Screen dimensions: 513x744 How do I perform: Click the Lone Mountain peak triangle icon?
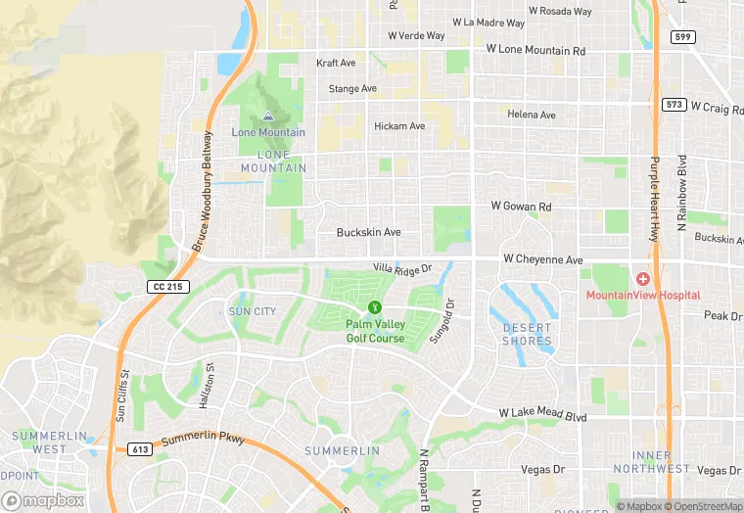pyautogui.click(x=268, y=117)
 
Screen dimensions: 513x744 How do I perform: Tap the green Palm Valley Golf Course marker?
pyautogui.click(x=375, y=307)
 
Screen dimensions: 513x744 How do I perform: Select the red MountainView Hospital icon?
pyautogui.click(x=643, y=280)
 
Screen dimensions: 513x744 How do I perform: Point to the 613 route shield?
pyautogui.click(x=139, y=449)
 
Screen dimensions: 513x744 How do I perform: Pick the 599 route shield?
pyautogui.click(x=683, y=36)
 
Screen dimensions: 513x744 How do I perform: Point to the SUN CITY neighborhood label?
pyautogui.click(x=252, y=311)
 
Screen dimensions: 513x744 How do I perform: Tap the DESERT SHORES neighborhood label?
pyautogui.click(x=527, y=334)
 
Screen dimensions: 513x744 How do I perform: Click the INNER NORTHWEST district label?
pyautogui.click(x=660, y=462)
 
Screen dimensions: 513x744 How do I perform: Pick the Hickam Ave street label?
pyautogui.click(x=399, y=126)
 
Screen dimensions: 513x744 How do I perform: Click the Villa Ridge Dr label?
pyautogui.click(x=401, y=267)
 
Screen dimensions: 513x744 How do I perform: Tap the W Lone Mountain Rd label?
pyautogui.click(x=535, y=50)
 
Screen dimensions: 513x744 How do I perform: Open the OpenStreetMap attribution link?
pyautogui.click(x=704, y=506)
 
